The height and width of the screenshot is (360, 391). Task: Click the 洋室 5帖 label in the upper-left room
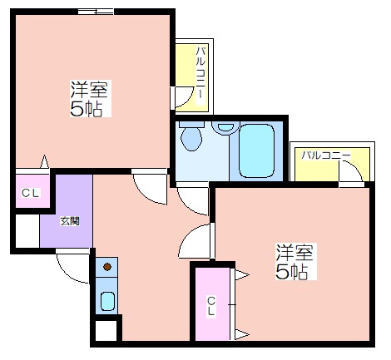click(x=90, y=99)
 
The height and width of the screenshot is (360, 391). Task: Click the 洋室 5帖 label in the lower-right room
click(x=295, y=261)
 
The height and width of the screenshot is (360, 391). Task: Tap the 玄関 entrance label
click(x=70, y=221)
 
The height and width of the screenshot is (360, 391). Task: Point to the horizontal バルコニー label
click(x=326, y=155)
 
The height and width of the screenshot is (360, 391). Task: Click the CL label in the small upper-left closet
click(x=31, y=193)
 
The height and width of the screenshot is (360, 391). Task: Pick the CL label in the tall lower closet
click(x=211, y=306)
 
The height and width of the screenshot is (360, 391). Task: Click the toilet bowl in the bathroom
click(x=191, y=139)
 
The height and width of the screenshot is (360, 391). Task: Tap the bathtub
click(x=256, y=150)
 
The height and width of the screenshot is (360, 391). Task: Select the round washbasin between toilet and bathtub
click(x=225, y=127)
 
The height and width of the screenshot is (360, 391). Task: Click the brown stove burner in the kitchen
click(x=107, y=267)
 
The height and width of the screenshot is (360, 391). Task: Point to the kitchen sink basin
click(x=107, y=301)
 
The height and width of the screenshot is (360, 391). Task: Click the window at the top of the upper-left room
click(x=96, y=12)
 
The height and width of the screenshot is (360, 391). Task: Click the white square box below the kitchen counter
click(x=106, y=330)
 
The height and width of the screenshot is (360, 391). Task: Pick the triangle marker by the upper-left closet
click(x=45, y=162)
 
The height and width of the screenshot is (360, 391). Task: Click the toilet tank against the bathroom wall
click(x=191, y=124)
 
